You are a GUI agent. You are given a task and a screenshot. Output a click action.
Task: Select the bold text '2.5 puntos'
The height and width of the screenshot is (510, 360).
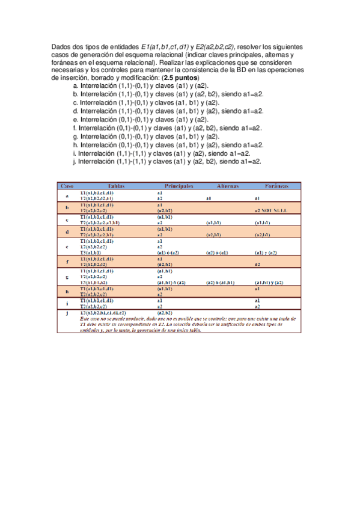(180, 78)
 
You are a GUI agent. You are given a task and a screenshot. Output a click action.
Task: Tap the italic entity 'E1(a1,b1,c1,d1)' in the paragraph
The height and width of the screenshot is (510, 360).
(166, 46)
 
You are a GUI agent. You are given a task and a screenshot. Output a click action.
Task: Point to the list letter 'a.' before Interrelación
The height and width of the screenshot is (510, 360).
(75, 87)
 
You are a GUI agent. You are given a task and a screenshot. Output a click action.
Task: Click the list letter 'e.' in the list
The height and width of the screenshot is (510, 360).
(75, 120)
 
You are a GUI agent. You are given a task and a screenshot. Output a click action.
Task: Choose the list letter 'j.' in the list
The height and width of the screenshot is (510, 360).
(75, 161)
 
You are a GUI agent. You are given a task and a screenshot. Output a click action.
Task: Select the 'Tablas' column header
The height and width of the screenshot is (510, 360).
(117, 186)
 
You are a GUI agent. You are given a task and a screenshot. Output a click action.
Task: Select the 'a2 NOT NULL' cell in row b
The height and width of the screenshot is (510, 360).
(272, 211)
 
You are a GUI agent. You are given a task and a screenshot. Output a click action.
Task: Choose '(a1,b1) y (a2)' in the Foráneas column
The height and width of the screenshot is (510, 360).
(268, 282)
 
